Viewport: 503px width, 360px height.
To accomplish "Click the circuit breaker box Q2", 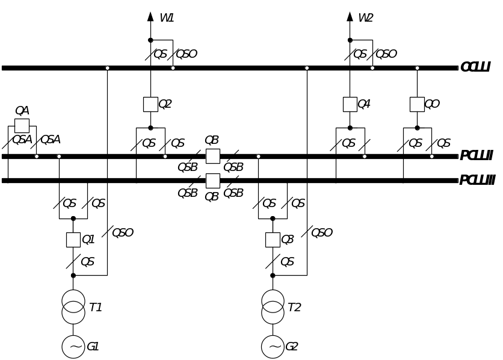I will click(x=150, y=104).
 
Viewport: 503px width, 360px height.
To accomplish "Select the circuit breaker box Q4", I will click(x=350, y=104).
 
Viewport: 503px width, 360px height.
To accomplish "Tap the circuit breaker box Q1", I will click(x=73, y=240).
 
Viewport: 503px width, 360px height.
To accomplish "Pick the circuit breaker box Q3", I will click(x=273, y=240).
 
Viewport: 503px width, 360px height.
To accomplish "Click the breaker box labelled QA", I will click(x=22, y=125).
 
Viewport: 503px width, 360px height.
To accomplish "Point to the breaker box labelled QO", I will click(x=417, y=104).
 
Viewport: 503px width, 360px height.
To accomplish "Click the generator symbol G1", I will click(x=73, y=347).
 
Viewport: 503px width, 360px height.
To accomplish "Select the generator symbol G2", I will click(x=273, y=347).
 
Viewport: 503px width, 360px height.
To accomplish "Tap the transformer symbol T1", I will click(x=73, y=306).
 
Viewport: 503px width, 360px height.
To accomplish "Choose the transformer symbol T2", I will click(x=273, y=306).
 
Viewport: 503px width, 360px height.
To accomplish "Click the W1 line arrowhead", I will click(x=150, y=16).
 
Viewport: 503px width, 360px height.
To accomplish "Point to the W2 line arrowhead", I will click(x=350, y=16).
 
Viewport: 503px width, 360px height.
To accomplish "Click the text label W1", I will click(x=167, y=18).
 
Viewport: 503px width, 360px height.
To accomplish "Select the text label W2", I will click(x=366, y=18).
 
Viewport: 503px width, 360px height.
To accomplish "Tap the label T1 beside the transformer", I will click(x=95, y=308).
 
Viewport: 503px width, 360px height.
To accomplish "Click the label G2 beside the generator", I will click(x=292, y=347).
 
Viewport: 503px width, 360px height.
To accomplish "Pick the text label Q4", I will click(x=364, y=105).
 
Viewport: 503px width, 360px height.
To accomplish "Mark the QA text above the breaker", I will click(x=22, y=111).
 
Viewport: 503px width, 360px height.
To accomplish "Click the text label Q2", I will click(x=165, y=105).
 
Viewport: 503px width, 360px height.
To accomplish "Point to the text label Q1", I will click(x=88, y=240).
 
